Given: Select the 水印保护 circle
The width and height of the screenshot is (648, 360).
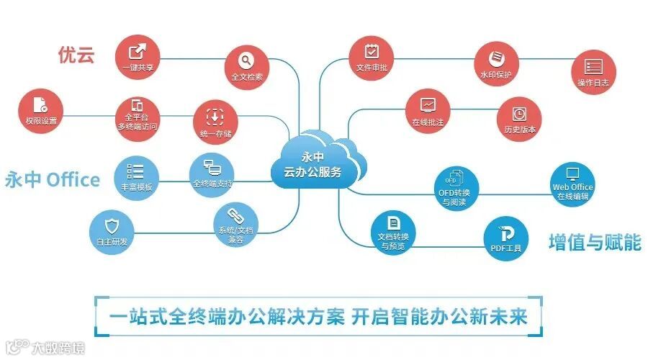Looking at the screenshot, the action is (x=495, y=63).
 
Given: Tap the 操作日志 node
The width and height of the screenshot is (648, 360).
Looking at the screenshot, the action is (x=593, y=73).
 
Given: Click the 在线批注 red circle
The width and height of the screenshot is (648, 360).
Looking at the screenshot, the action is (x=428, y=111).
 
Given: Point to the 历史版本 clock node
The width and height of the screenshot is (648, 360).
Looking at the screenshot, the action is (x=519, y=119).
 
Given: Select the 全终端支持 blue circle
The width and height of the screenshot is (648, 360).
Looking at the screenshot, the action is (x=212, y=173).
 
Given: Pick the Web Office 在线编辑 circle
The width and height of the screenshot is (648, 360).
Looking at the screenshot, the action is (x=572, y=183).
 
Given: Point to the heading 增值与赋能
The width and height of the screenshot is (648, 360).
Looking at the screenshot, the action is (x=595, y=242).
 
